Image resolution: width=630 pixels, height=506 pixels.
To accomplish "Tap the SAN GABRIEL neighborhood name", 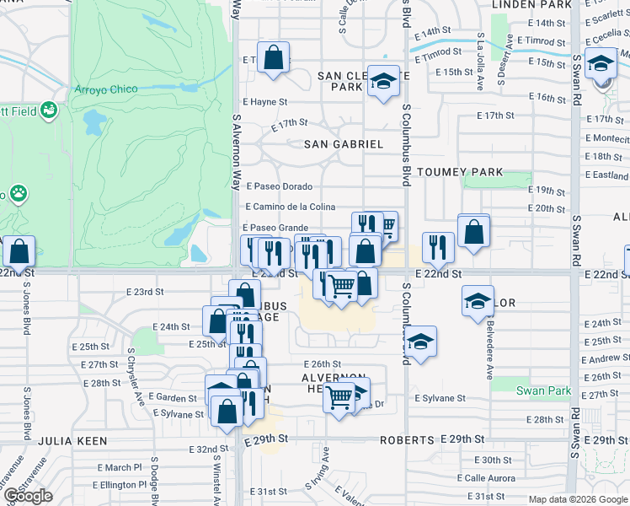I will tap(344, 144).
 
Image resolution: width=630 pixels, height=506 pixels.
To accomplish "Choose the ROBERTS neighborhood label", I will tap(407, 440).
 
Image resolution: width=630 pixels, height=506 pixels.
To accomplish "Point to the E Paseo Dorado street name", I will tap(279, 186).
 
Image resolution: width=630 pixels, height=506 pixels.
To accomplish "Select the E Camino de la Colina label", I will tap(290, 207).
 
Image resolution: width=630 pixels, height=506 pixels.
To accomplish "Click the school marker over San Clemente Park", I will tap(383, 82).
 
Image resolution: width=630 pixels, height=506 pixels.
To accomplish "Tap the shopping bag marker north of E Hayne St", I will tap(274, 58).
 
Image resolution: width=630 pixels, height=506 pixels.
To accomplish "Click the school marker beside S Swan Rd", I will tap(602, 65).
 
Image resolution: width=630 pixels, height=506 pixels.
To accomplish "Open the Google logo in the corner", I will tap(28, 496).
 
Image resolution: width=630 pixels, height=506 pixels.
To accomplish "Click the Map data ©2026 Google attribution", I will tap(578, 499).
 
